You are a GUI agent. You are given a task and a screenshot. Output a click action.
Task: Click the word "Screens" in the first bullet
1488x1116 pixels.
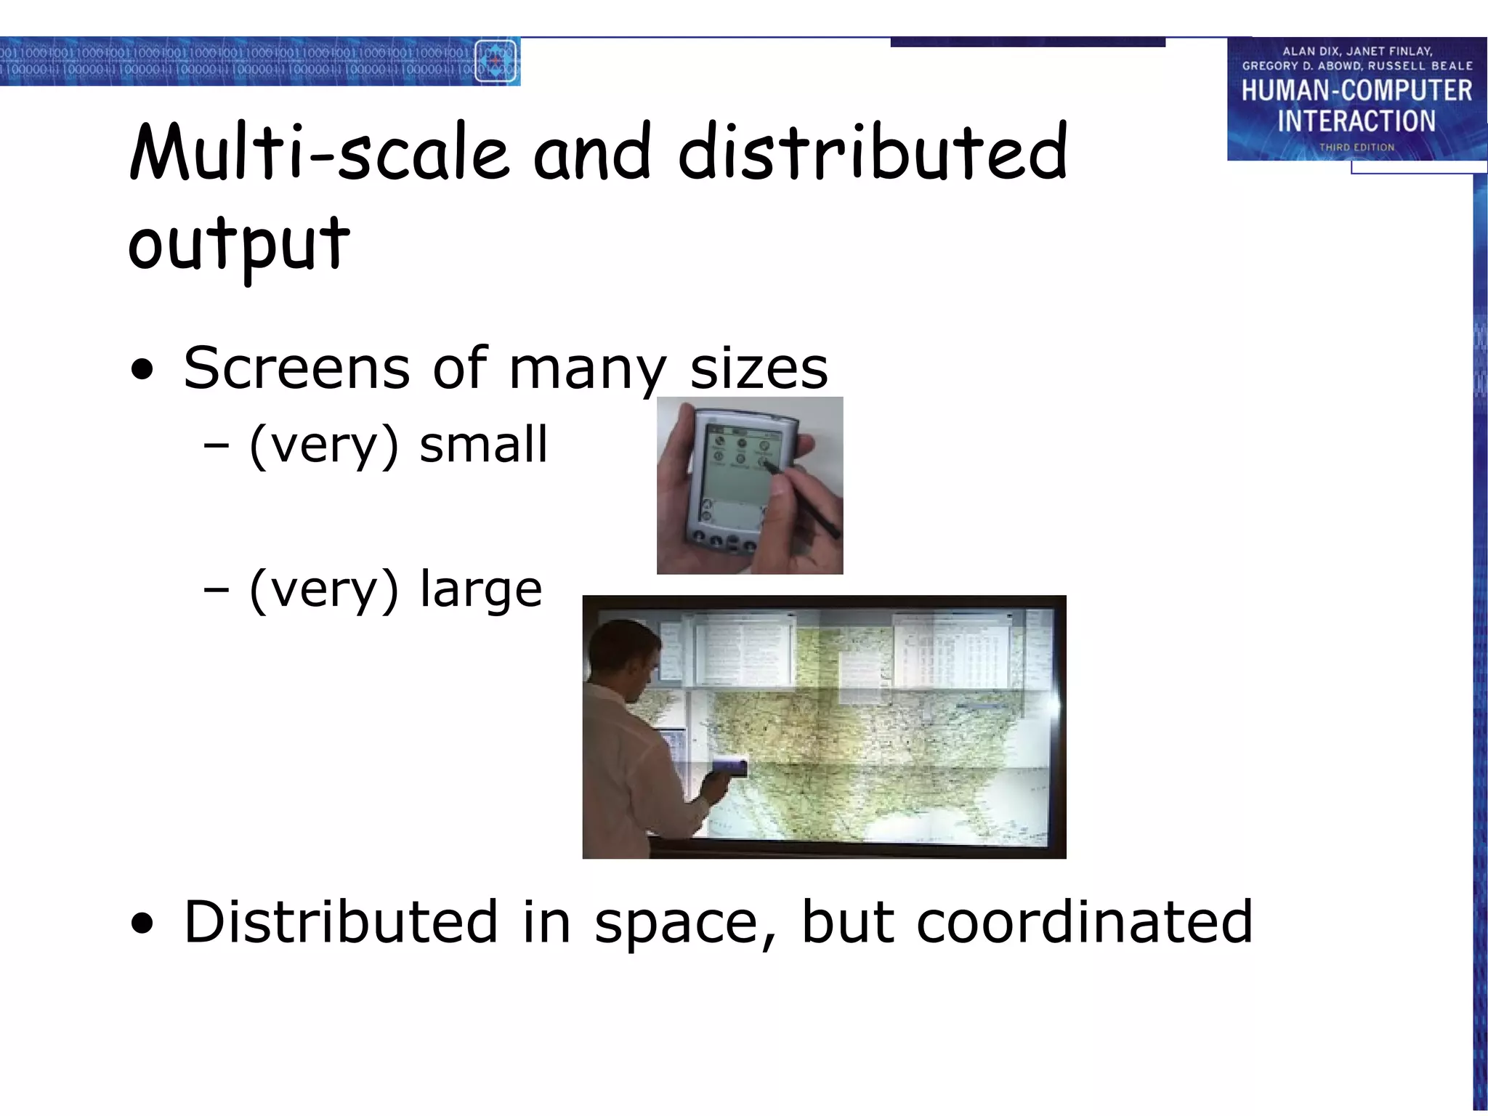point(296,368)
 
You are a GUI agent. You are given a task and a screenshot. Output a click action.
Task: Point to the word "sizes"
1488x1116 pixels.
point(759,369)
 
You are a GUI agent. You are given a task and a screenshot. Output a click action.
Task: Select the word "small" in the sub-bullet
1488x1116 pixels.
point(483,445)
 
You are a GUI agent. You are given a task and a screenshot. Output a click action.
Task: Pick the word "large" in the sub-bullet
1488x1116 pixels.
point(481,589)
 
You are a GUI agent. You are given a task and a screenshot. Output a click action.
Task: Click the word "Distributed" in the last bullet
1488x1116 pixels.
point(341,922)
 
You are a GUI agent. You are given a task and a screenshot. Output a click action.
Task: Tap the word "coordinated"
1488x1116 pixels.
point(1084,922)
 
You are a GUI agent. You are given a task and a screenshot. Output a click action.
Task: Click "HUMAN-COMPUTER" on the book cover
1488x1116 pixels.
point(1356,91)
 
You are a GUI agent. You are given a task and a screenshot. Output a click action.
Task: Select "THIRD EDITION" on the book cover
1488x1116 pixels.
point(1356,147)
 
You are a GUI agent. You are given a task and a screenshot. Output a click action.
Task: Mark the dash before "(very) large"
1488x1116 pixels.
point(216,590)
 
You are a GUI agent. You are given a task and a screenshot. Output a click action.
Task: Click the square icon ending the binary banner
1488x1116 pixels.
point(496,61)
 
